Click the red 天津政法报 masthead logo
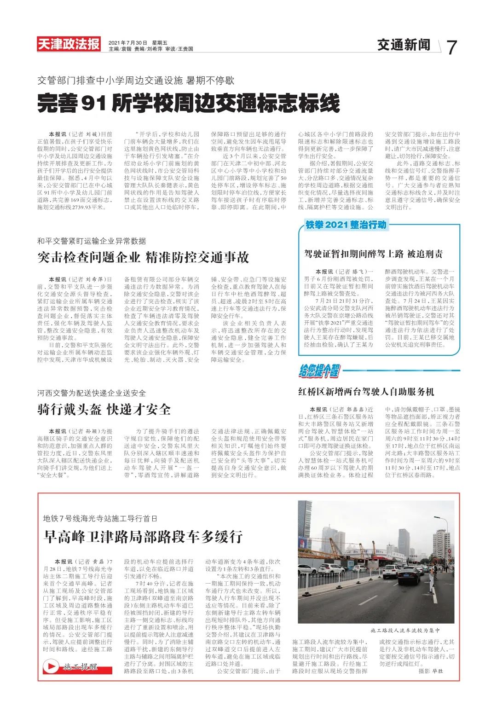[69, 44]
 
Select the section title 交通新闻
[404, 45]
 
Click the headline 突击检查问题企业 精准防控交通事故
[143, 257]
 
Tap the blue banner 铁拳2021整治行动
[346, 225]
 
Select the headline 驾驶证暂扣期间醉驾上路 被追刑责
[373, 254]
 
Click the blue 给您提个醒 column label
[319, 371]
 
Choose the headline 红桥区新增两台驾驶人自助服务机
[366, 392]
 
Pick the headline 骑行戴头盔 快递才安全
[104, 409]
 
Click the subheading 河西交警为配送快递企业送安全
[92, 393]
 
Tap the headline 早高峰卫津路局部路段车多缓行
[143, 536]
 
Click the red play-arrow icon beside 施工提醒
[51, 666]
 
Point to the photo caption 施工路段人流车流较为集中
[405, 630]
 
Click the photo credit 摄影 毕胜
[431, 672]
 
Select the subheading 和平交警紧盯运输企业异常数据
[92, 241]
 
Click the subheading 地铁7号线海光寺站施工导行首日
[100, 518]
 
